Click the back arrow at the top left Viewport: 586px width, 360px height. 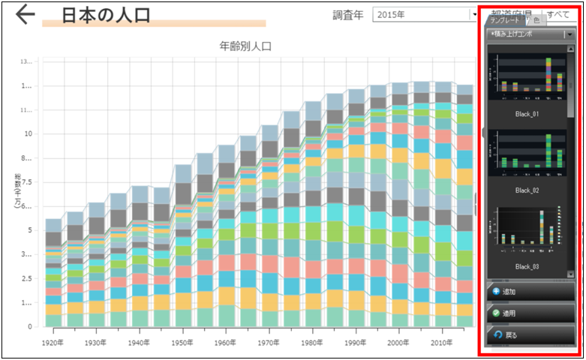[x=25, y=14]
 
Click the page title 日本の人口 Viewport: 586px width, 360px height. [x=107, y=14]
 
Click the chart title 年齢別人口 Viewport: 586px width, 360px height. [x=245, y=46]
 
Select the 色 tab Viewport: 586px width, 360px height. [x=536, y=20]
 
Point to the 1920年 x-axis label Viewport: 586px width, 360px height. [x=52, y=341]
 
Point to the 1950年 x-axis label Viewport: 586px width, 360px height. [x=181, y=341]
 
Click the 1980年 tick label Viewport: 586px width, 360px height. [x=310, y=341]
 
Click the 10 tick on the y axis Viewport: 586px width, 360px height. [x=28, y=133]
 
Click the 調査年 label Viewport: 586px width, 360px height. [x=347, y=14]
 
